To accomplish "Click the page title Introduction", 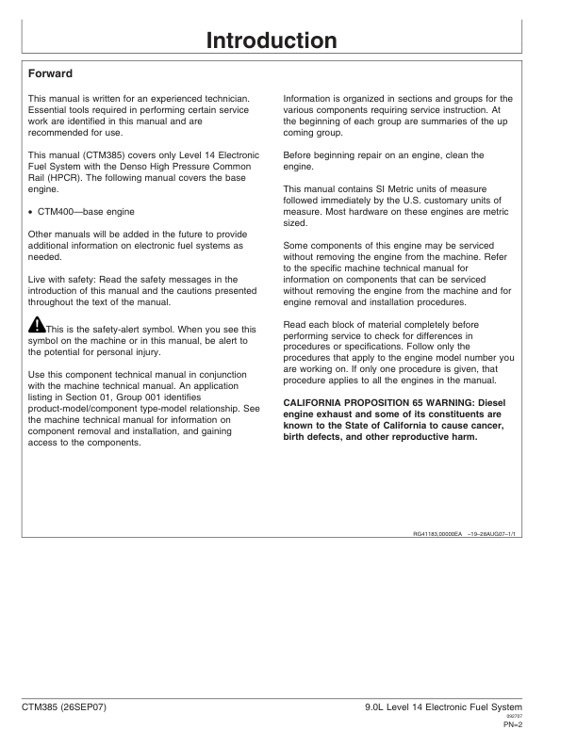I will coord(272,41).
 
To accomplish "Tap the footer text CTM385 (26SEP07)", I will coord(66,706).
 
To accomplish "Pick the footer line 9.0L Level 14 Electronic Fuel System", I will coord(455,706).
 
